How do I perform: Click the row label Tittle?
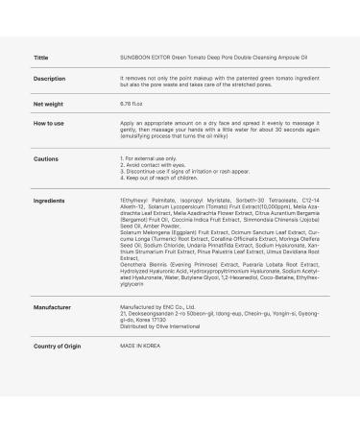click(x=40, y=57)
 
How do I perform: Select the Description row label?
click(x=49, y=79)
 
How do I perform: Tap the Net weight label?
click(x=48, y=103)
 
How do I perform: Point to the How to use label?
click(x=49, y=123)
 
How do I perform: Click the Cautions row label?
click(x=45, y=158)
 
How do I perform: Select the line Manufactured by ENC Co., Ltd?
click(x=157, y=307)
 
